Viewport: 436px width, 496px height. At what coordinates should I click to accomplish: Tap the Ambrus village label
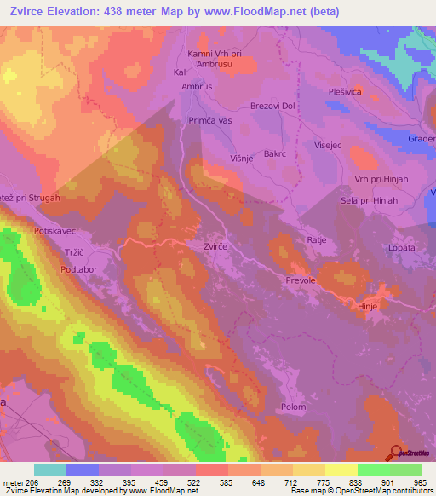pyautogui.click(x=195, y=86)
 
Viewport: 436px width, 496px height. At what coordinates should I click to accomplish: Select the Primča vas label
pyautogui.click(x=210, y=121)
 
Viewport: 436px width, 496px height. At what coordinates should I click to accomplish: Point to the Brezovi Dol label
pyautogui.click(x=272, y=105)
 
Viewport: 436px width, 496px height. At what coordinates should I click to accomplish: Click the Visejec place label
pyautogui.click(x=328, y=145)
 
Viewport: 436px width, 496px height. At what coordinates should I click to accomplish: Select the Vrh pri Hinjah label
pyautogui.click(x=370, y=178)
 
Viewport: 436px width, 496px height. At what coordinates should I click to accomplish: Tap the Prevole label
pyautogui.click(x=301, y=280)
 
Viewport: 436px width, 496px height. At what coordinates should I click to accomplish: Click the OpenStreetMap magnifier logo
pyautogui.click(x=397, y=452)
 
